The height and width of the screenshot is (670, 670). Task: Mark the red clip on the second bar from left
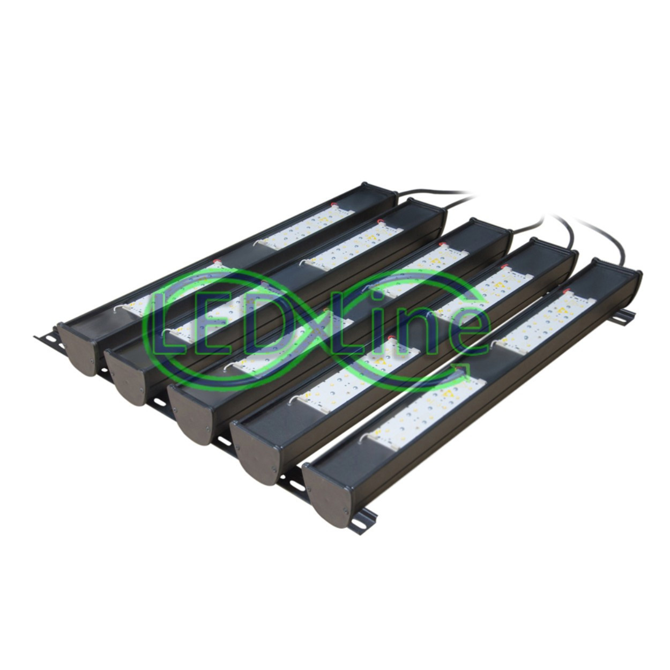[x=381, y=220]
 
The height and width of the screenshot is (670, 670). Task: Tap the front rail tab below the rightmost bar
[x=367, y=518]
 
